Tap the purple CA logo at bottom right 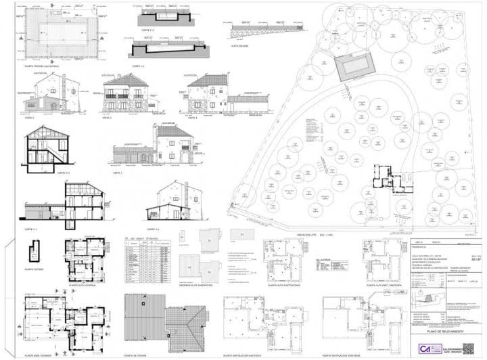[x=425, y=348]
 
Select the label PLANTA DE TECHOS [x=137, y=354]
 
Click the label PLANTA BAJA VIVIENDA [x=39, y=354]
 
